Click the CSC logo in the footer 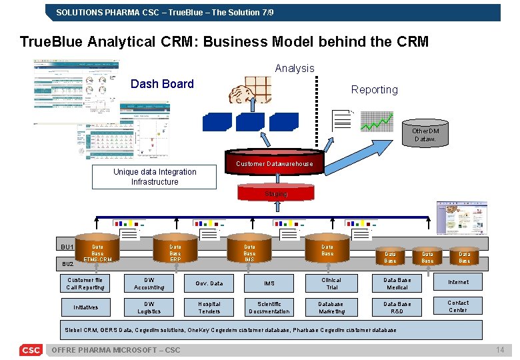(x=31, y=350)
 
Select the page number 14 (x=500, y=351)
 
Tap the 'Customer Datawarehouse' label (x=274, y=164)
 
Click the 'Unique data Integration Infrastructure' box (x=155, y=177)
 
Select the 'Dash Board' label (x=162, y=84)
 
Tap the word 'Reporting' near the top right (x=374, y=90)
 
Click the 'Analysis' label (x=294, y=68)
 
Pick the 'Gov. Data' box (x=209, y=283)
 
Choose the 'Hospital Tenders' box (x=209, y=307)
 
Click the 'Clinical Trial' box (x=331, y=283)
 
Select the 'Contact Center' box (x=457, y=306)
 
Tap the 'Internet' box (x=457, y=283)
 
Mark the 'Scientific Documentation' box (x=269, y=307)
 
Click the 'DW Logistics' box (x=149, y=307)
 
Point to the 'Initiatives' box (x=85, y=307)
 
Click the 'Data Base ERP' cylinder (x=175, y=252)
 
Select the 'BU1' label (x=67, y=247)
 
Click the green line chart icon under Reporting (x=377, y=121)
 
